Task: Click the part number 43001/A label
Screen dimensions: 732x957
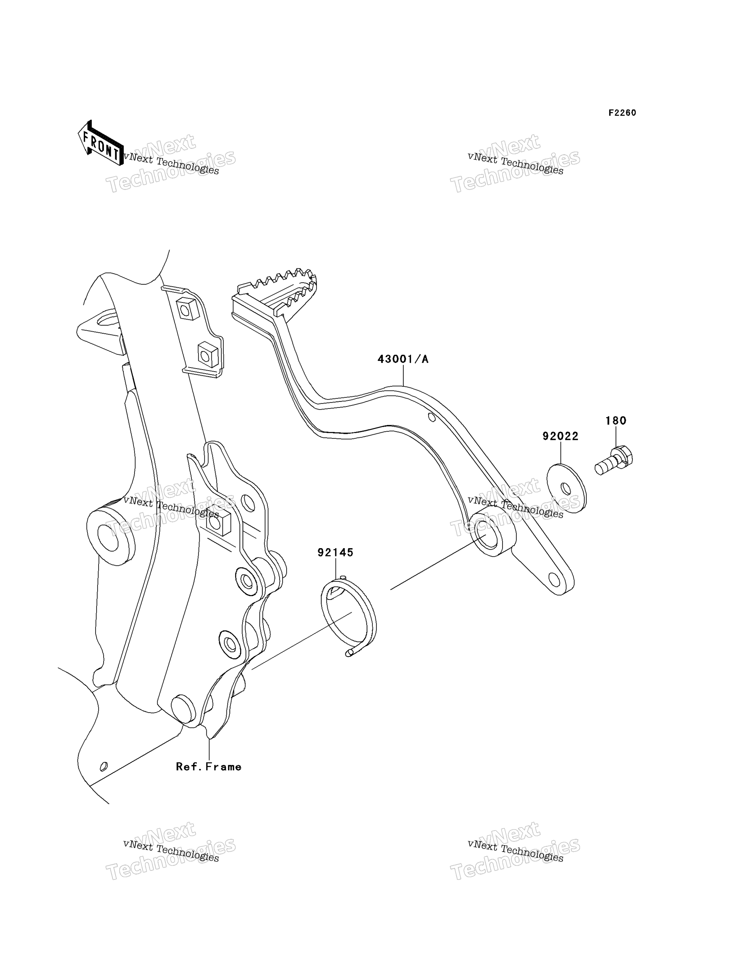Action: [x=403, y=360]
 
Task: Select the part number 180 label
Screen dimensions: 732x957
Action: [x=616, y=421]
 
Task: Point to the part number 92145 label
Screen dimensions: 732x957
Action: [x=336, y=552]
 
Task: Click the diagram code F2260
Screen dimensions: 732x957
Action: [x=622, y=113]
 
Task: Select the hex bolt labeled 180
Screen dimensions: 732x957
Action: [x=614, y=462]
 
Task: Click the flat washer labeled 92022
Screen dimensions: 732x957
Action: [x=566, y=488]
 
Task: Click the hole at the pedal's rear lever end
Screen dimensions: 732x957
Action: [x=554, y=580]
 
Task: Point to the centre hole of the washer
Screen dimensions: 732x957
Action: [x=566, y=488]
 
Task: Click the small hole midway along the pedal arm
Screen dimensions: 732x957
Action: [x=432, y=417]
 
